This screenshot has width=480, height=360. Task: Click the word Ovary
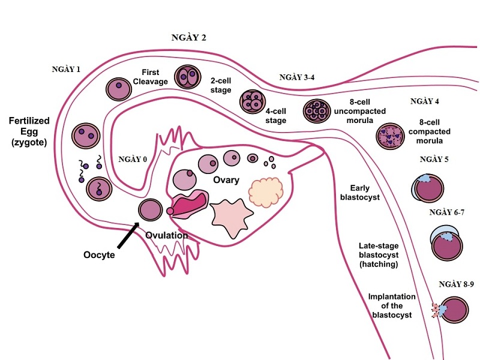click(x=225, y=180)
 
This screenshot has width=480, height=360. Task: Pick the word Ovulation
click(x=167, y=235)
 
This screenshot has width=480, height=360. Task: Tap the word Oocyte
click(x=99, y=254)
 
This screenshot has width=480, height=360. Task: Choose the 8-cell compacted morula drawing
click(x=389, y=136)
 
